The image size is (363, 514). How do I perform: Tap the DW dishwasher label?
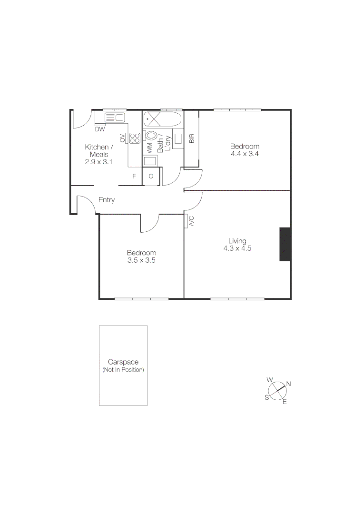coord(100,129)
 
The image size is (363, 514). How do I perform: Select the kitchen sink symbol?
coord(114,118)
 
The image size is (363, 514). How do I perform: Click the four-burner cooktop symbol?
coord(135,138)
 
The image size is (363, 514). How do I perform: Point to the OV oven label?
coord(123,138)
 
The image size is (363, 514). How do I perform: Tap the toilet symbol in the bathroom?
coord(152,138)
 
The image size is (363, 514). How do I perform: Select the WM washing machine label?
coord(149,148)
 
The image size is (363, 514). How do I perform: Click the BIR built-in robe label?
coord(192,138)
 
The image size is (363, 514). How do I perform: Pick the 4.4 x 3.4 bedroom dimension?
coord(245,154)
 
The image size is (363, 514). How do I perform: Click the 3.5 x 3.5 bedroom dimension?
coord(141,260)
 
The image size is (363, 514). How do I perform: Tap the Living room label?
coord(237,241)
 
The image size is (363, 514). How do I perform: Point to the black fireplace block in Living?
coord(285,244)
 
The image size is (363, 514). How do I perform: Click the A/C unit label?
coord(191,221)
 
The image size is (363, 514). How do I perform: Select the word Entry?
coord(107,200)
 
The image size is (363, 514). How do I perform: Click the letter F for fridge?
coord(134,177)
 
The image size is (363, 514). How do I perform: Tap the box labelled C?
coord(151,176)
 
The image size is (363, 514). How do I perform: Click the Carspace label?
coord(123,362)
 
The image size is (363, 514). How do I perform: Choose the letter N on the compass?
coord(288,384)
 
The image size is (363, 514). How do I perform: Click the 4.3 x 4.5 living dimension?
coord(237,248)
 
